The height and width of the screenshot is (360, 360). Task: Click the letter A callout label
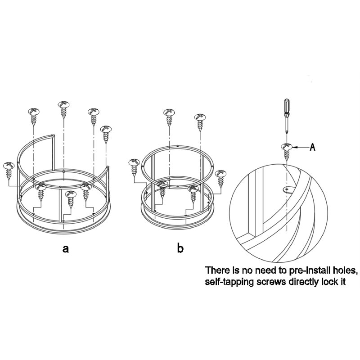click(312, 147)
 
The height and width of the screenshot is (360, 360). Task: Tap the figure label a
click(66, 248)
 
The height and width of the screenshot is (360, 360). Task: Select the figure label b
click(180, 247)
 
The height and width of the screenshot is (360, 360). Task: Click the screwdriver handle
click(287, 106)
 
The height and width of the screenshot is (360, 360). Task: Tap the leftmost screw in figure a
click(9, 171)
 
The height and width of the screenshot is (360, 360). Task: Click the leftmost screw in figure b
click(134, 167)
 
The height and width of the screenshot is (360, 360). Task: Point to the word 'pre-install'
click(305, 271)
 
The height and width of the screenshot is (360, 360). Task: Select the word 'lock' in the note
click(330, 282)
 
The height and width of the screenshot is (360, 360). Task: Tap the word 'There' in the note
click(216, 270)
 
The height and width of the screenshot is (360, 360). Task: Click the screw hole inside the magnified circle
click(287, 189)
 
